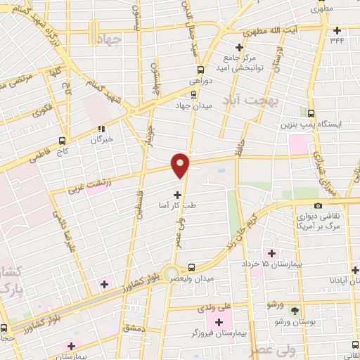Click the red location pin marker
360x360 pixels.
coord(181,165)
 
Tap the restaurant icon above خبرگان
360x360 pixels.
coord(101,129)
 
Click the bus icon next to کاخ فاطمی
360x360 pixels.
coord(63,140)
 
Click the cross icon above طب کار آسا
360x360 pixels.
coord(177,194)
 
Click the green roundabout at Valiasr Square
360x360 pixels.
coord(171,272)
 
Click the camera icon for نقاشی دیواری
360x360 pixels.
coord(319,205)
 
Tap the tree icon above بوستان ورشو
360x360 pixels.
coord(295,310)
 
